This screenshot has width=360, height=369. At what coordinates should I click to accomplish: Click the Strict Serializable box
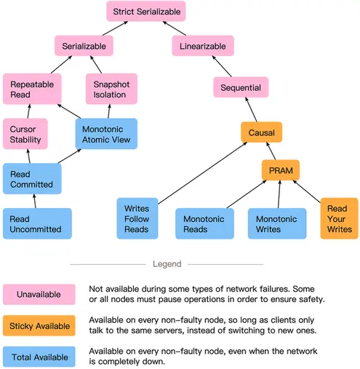[146, 11]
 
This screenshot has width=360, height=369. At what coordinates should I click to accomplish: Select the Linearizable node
[203, 46]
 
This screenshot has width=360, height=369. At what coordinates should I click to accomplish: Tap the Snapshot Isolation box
[111, 89]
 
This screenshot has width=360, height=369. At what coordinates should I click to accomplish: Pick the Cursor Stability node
[25, 134]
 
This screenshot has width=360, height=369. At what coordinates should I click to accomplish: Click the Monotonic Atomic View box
[106, 134]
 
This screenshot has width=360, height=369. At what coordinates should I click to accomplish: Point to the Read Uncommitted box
[37, 223]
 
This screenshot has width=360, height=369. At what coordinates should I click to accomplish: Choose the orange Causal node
[262, 132]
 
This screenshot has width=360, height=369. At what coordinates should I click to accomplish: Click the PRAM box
[281, 170]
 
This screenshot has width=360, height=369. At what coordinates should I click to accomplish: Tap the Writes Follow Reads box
[137, 218]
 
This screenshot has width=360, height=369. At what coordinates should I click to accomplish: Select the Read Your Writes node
[340, 218]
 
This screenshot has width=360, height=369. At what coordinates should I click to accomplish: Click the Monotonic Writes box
[277, 223]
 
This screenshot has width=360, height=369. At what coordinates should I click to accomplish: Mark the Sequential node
[241, 87]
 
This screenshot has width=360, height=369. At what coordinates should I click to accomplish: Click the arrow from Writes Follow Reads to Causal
[202, 173]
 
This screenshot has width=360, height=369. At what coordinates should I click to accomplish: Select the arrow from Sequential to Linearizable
[222, 66]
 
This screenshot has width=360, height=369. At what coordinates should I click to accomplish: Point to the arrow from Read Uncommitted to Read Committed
[35, 201]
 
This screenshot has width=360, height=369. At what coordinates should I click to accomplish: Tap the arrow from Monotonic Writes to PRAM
[279, 194]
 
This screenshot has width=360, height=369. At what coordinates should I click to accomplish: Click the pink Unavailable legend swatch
[39, 294]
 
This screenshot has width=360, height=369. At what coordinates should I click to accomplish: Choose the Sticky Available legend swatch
[39, 325]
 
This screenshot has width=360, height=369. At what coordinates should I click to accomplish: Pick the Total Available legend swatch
[39, 357]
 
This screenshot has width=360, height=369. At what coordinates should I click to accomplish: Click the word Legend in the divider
[167, 264]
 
